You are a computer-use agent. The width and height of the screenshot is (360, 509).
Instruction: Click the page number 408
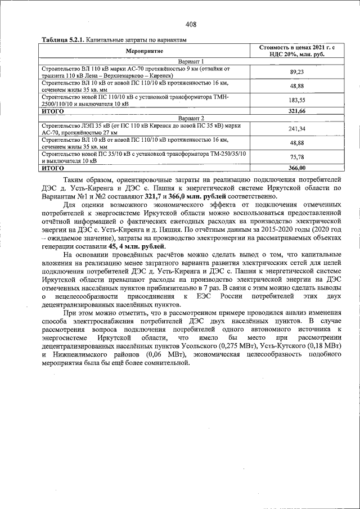[191, 24]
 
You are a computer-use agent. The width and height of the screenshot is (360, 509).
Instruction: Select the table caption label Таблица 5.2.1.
[62, 40]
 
